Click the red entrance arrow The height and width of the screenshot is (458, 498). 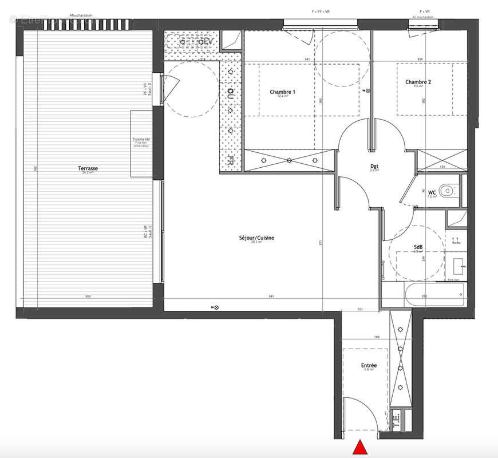(360, 448)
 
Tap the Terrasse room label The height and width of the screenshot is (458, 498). (88, 168)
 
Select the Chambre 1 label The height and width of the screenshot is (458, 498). (282, 92)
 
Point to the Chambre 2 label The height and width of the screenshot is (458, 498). (418, 82)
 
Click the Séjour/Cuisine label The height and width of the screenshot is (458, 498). (252, 238)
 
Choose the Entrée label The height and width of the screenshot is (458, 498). (369, 365)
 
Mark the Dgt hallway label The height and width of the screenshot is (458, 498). (375, 166)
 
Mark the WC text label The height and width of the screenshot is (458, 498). (432, 192)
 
